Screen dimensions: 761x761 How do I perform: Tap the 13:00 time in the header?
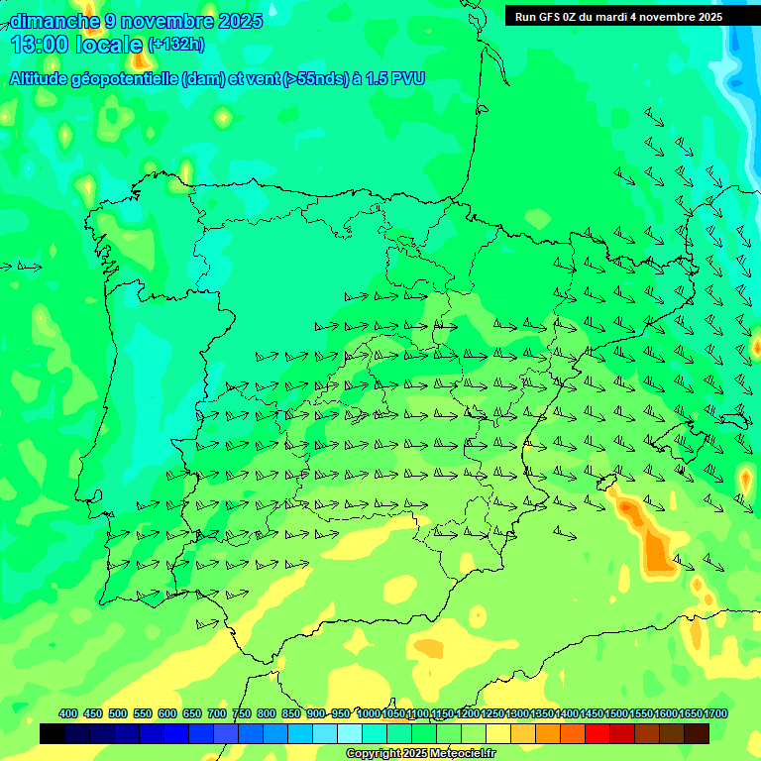click(x=40, y=45)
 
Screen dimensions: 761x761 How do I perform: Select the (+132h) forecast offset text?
click(x=175, y=45)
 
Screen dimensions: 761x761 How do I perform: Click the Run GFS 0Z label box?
click(x=618, y=17)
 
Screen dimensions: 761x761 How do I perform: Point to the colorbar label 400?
click(x=68, y=713)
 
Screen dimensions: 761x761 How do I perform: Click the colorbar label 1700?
click(x=715, y=713)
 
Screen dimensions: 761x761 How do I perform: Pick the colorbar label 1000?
click(x=369, y=713)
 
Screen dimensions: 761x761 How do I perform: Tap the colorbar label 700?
click(x=217, y=713)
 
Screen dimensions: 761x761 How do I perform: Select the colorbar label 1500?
click(x=616, y=713)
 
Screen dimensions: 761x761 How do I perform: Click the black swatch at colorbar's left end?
click(x=53, y=734)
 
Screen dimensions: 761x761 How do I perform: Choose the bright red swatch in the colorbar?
click(x=597, y=734)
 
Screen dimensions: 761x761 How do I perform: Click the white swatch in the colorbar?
click(x=349, y=734)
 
